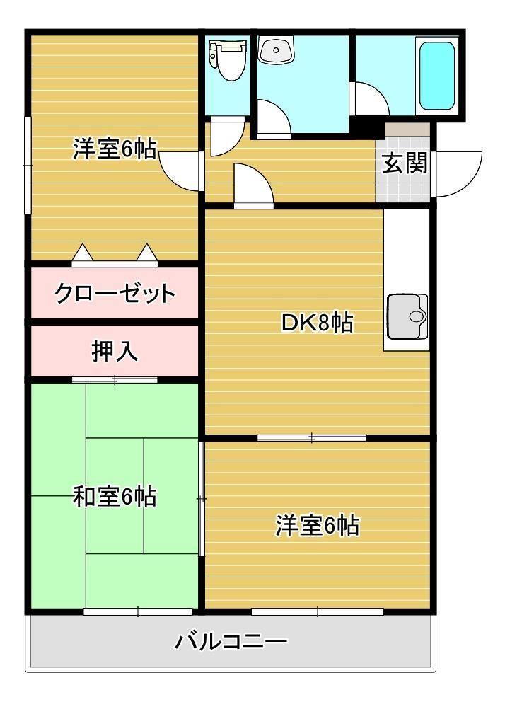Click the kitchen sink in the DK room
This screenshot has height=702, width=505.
(x=407, y=316)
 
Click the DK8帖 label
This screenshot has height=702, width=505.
(x=317, y=323)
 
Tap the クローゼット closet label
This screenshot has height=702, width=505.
(x=115, y=292)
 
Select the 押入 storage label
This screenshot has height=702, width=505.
(x=115, y=352)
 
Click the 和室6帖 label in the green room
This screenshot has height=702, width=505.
(x=115, y=497)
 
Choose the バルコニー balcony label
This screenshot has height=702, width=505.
(x=231, y=643)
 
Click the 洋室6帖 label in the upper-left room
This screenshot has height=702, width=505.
(x=115, y=150)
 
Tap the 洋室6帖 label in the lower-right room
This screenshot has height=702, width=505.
(x=317, y=526)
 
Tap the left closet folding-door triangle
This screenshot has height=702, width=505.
(x=82, y=253)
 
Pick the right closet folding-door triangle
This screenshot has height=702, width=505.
(x=146, y=253)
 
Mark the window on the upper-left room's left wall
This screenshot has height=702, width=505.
(x=28, y=164)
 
